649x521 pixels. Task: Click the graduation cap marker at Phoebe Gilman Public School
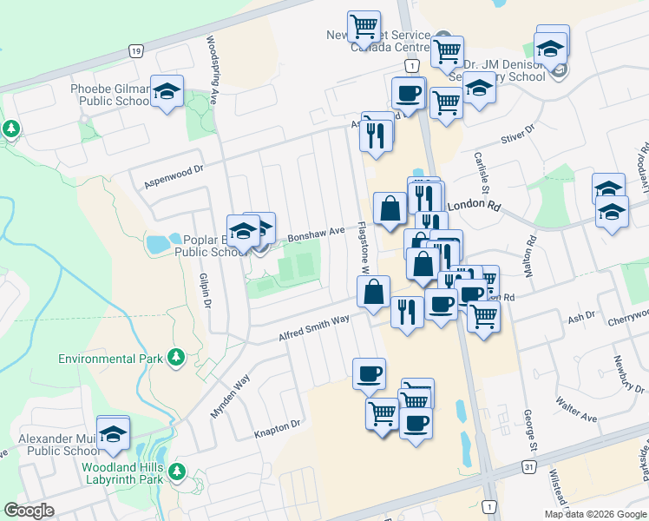tap(167, 90)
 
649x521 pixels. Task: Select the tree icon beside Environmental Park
tap(176, 357)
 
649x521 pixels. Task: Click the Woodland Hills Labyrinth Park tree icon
tap(177, 472)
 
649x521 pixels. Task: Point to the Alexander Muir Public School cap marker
tap(113, 433)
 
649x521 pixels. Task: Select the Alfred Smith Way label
tap(314, 328)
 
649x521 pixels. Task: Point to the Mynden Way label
tap(229, 395)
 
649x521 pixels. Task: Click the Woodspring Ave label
tap(211, 61)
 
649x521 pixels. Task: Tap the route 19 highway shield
tap(135, 51)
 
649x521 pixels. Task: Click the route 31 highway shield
tap(528, 468)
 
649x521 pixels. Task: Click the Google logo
tap(29, 511)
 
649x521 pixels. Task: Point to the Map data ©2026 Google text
tap(594, 514)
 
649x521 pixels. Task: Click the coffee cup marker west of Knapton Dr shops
tap(369, 373)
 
